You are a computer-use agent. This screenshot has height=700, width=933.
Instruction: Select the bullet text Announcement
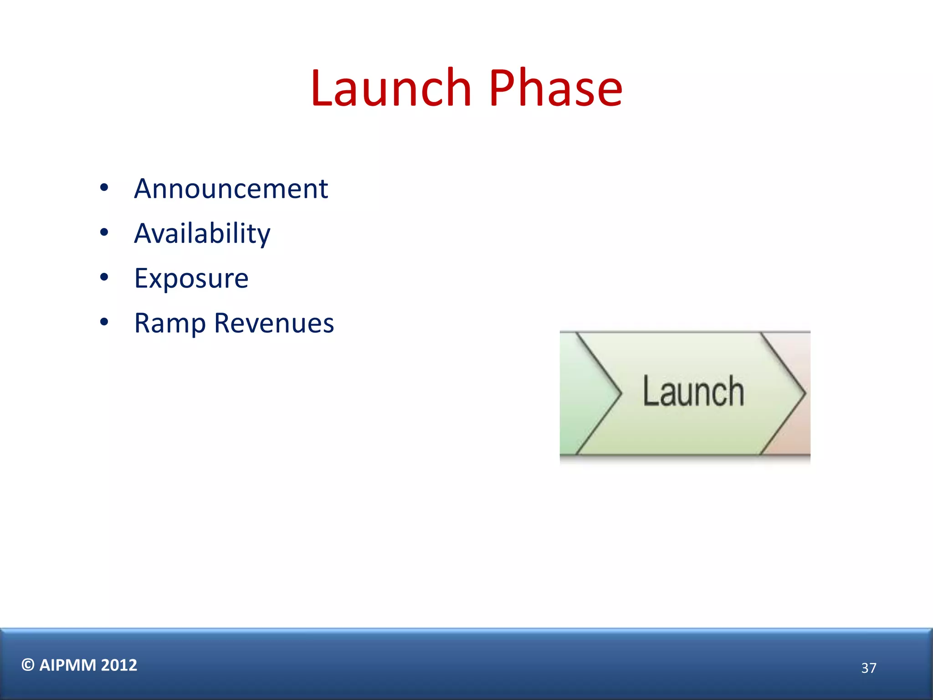[x=231, y=189]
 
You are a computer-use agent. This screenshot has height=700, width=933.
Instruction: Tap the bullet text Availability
[x=202, y=234]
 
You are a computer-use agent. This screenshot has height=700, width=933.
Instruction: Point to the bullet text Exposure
[x=191, y=278]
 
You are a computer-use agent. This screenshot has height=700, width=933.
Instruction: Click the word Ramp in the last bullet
[x=170, y=324]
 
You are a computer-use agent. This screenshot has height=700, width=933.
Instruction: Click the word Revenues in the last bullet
[x=274, y=323]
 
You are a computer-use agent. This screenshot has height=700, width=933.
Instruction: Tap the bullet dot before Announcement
[x=104, y=188]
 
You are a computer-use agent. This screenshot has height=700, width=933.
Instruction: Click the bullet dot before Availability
[x=104, y=232]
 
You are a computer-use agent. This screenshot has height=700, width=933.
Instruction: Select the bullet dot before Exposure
[x=104, y=277]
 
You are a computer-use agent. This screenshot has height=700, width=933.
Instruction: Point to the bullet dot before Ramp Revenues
[x=104, y=322]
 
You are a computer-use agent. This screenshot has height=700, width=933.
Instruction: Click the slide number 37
[x=868, y=668]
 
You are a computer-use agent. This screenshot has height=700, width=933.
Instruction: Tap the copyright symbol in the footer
[x=28, y=665]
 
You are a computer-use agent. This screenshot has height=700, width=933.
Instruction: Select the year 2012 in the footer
[x=119, y=665]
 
